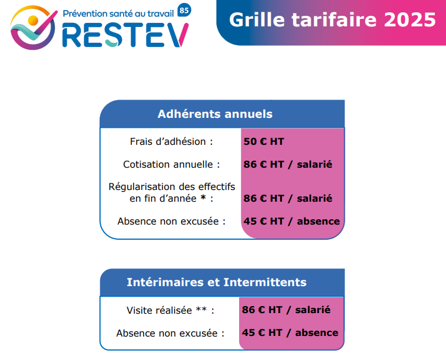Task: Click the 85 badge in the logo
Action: [184, 10]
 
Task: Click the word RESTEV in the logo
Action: [125, 35]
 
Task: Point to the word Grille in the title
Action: [257, 19]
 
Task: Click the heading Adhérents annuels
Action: [215, 114]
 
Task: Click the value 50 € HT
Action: [264, 141]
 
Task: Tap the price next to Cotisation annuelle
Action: [288, 164]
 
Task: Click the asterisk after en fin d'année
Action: [203, 197]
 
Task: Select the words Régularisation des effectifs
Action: [172, 186]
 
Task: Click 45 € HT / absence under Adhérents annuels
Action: [291, 221]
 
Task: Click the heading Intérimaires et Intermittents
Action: [217, 282]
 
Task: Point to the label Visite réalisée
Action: [159, 310]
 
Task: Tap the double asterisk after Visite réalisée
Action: [201, 308]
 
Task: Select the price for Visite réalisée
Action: [286, 310]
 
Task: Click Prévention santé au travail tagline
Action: [118, 13]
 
